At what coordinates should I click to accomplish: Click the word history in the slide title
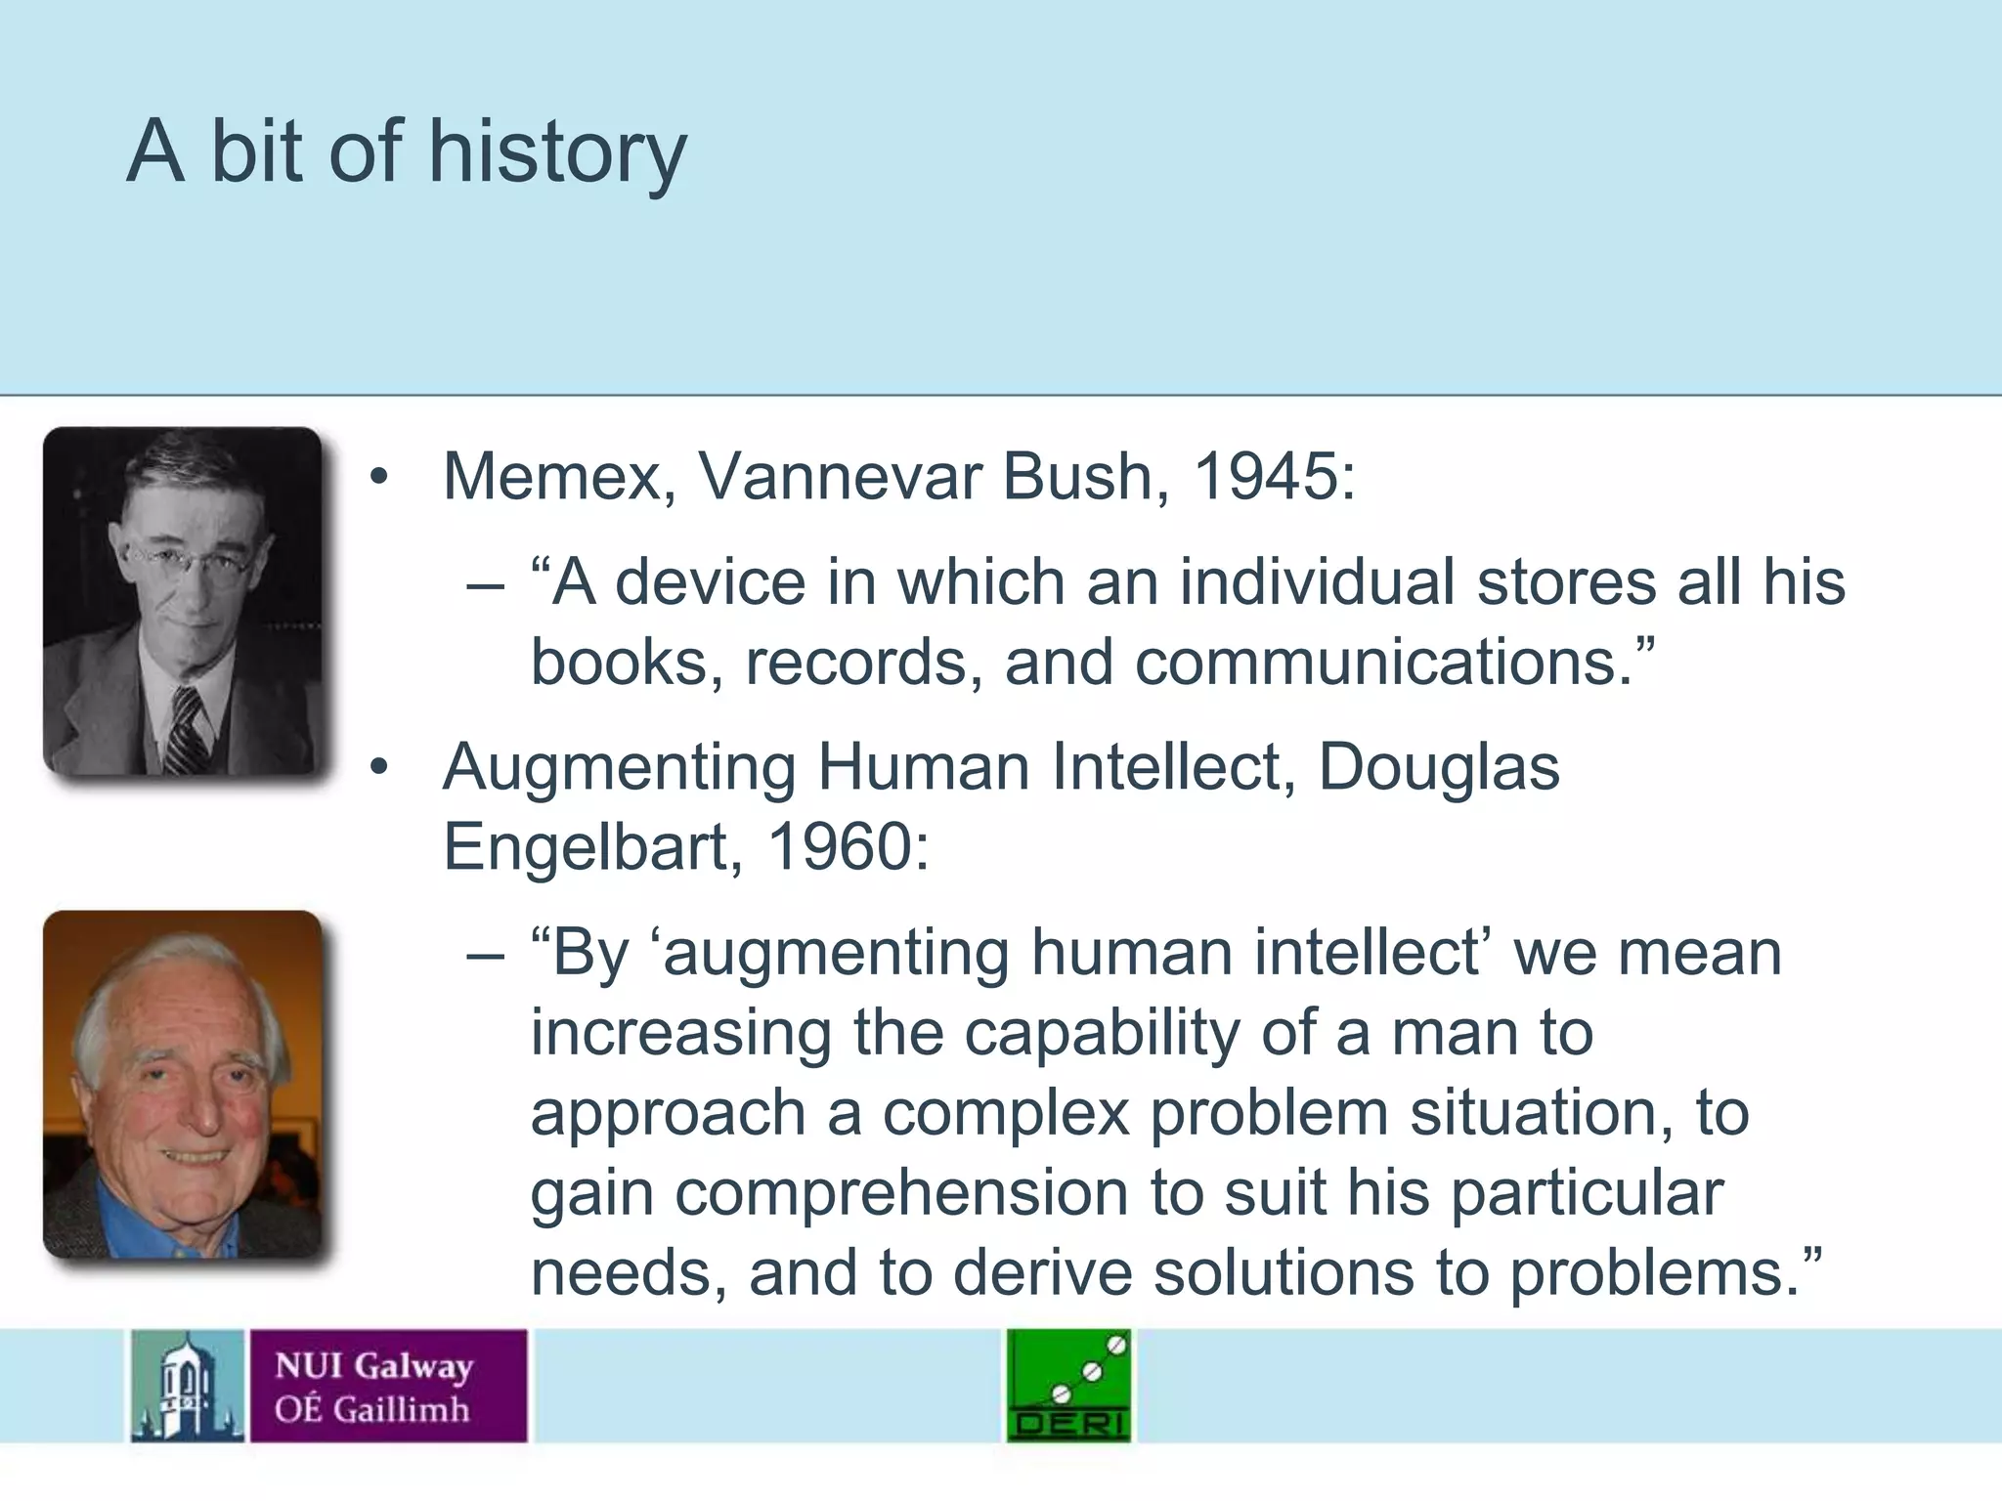coord(557,154)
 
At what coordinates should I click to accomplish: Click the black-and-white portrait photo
coord(183,600)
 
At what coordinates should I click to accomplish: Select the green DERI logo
coord(1068,1386)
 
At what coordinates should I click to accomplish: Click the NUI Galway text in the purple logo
coord(373,1365)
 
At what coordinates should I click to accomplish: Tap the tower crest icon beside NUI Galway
coord(187,1386)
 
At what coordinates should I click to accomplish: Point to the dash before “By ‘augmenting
coord(486,954)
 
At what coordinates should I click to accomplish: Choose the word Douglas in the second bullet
coord(1438,768)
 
